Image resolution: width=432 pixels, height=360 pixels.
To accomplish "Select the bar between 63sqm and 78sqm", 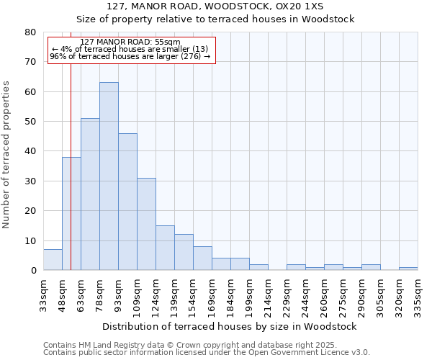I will pyautogui.click(x=90, y=194).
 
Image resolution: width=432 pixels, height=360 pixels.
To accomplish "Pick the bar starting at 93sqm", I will pyautogui.click(x=127, y=202).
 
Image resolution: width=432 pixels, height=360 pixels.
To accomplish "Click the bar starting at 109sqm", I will pyautogui.click(x=146, y=224).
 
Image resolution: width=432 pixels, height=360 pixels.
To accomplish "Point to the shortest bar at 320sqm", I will pyautogui.click(x=408, y=269).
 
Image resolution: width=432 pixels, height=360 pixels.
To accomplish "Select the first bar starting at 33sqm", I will pyautogui.click(x=53, y=260).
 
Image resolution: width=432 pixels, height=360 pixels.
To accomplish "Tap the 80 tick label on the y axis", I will pyautogui.click(x=30, y=32).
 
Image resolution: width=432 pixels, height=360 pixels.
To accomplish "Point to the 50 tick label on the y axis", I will pyautogui.click(x=30, y=122).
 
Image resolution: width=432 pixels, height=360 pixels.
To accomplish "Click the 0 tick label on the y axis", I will pyautogui.click(x=33, y=271).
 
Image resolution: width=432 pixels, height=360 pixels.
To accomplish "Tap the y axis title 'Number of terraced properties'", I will pyautogui.click(x=7, y=154).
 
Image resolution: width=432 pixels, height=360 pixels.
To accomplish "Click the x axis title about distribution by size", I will pyautogui.click(x=230, y=326).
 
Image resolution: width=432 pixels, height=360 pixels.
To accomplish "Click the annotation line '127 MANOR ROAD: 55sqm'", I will pyautogui.click(x=130, y=42).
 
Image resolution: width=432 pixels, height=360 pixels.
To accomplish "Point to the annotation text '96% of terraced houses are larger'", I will pyautogui.click(x=130, y=56).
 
